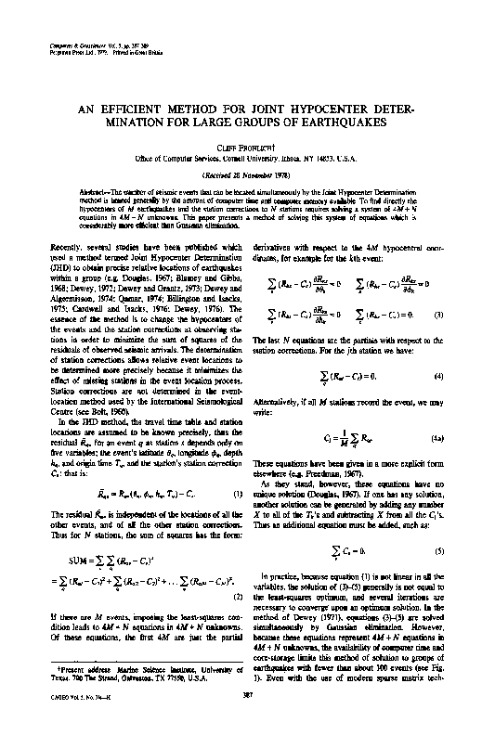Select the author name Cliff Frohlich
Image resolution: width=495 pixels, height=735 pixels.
(247, 147)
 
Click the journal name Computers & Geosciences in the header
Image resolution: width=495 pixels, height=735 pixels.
(73, 44)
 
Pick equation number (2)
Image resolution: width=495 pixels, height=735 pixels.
(238, 569)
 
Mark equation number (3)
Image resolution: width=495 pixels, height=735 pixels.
(452, 316)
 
